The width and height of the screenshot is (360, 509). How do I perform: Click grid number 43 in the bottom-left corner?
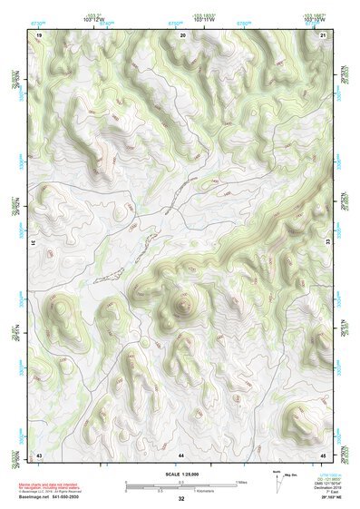[39, 453]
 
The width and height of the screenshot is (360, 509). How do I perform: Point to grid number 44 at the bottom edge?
[181, 453]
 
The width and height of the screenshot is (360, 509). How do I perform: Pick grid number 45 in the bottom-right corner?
[324, 453]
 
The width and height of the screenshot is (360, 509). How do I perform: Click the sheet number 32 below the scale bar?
[181, 499]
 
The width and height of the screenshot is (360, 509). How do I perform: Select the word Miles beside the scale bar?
[241, 483]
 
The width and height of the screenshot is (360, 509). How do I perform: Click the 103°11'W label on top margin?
[183, 20]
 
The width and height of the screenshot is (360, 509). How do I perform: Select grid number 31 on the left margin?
[37, 243]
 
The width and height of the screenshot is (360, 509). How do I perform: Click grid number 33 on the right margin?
[326, 243]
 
